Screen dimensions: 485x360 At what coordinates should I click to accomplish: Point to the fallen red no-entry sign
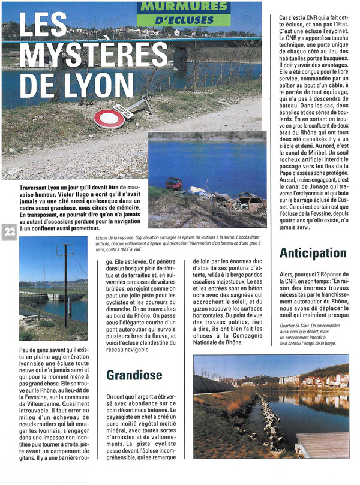click(x=109, y=118)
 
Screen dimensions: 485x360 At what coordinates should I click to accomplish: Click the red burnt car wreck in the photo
click(x=175, y=183)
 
